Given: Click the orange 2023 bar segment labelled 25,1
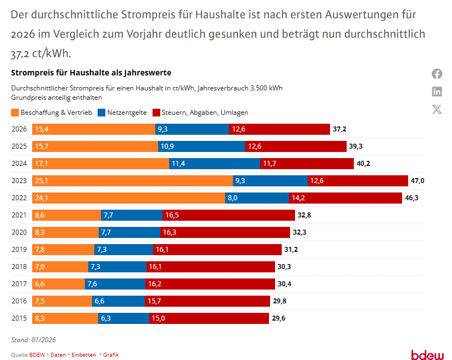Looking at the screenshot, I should pyautogui.click(x=133, y=181).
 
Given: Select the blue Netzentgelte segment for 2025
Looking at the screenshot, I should pyautogui.click(x=201, y=146).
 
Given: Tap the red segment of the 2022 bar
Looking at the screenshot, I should pyautogui.click(x=346, y=198).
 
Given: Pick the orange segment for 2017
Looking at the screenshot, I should pyautogui.click(x=58, y=284).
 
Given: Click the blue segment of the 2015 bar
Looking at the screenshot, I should pyautogui.click(x=124, y=318).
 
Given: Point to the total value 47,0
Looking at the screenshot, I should pyautogui.click(x=417, y=181).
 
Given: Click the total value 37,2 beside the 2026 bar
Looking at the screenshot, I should pyautogui.click(x=339, y=129).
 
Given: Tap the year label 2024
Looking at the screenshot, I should pyautogui.click(x=19, y=164).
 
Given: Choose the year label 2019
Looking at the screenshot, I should pyautogui.click(x=19, y=250).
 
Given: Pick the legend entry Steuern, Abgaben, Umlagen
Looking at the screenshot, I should pyautogui.click(x=200, y=112).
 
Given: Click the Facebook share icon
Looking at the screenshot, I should pyautogui.click(x=437, y=74).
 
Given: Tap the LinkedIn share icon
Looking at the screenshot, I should pyautogui.click(x=437, y=92).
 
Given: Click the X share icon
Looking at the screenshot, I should pyautogui.click(x=437, y=109).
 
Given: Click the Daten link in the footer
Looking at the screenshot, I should pyautogui.click(x=58, y=354).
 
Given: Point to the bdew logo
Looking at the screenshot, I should pyautogui.click(x=427, y=355).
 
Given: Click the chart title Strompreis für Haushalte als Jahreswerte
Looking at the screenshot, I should pyautogui.click(x=91, y=73).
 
